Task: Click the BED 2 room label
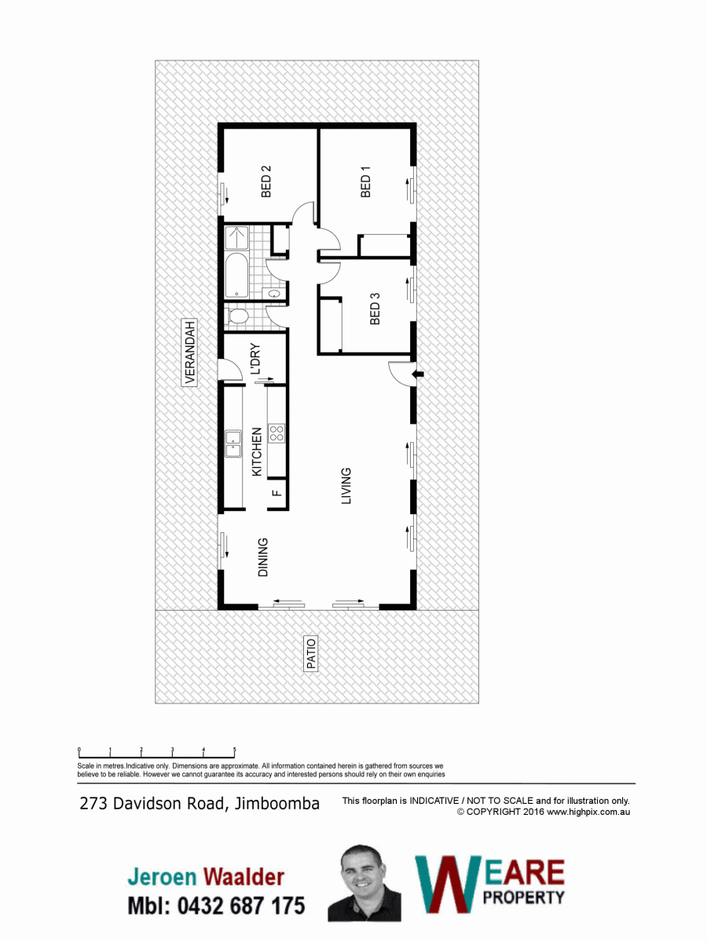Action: pyautogui.click(x=266, y=181)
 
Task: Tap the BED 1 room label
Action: pyautogui.click(x=366, y=181)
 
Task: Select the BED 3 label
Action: pyautogui.click(x=375, y=309)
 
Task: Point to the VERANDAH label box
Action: pyautogui.click(x=190, y=352)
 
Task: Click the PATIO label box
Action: pyautogui.click(x=311, y=654)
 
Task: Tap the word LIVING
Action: pyautogui.click(x=346, y=486)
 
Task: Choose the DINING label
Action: pyautogui.click(x=262, y=557)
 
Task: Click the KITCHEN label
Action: pyautogui.click(x=257, y=451)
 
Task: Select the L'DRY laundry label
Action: pyautogui.click(x=255, y=359)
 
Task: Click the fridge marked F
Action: pyautogui.click(x=277, y=493)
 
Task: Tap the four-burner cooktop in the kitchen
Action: pyautogui.click(x=277, y=433)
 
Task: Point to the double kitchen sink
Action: pyautogui.click(x=233, y=444)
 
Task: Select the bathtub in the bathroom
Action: pyautogui.click(x=236, y=275)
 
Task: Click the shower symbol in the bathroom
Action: pyautogui.click(x=236, y=238)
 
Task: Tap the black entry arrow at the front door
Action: pyautogui.click(x=418, y=374)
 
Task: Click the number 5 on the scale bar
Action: pyautogui.click(x=234, y=750)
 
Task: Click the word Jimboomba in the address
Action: pyautogui.click(x=277, y=803)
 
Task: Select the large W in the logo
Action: pyautogui.click(x=449, y=885)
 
